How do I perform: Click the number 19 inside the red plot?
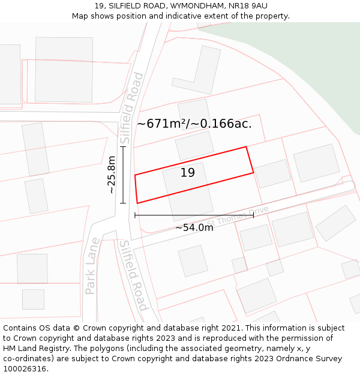187,173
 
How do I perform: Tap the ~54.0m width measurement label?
194,227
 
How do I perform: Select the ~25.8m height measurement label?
111,175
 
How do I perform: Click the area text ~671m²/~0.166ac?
194,124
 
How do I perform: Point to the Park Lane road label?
91,272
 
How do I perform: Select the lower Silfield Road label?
133,275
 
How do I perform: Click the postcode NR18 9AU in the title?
247,6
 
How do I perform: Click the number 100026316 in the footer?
25,368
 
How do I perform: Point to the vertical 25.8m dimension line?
123,175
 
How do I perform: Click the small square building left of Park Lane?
33,299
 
